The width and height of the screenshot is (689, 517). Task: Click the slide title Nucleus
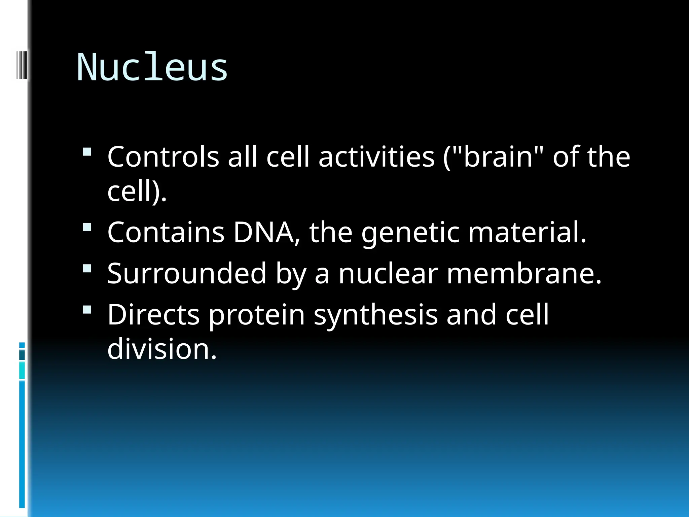point(152,67)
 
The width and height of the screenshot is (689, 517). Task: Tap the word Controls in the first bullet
point(163,157)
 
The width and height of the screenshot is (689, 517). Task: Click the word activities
point(376,157)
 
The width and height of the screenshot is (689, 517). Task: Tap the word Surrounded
point(187,273)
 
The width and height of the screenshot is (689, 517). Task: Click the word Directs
point(153,314)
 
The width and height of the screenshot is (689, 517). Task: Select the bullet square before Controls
point(87,152)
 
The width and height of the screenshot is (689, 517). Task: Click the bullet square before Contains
point(87,228)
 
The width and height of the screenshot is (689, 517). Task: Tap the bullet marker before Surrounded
point(87,269)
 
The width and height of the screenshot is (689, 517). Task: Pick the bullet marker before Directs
point(87,310)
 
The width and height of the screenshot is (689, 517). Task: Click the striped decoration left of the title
point(22,64)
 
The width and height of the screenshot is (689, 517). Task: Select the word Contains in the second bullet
point(166,232)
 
